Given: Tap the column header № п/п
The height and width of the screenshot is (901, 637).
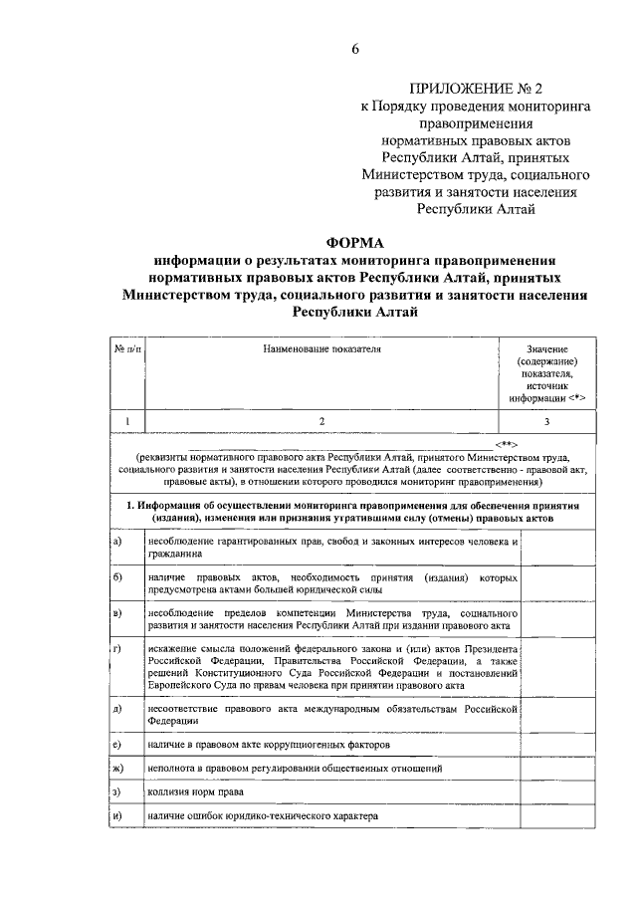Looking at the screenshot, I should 127,349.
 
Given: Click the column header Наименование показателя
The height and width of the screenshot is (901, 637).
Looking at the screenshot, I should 321,349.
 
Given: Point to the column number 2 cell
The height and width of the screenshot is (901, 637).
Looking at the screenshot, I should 321,421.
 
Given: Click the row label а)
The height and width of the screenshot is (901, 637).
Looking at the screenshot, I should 117,541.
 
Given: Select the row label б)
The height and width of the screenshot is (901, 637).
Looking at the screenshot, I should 117,577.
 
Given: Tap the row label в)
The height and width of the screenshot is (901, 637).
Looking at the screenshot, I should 117,613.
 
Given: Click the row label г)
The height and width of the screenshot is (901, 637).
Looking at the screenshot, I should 117,649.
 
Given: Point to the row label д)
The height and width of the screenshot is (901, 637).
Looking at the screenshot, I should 117,708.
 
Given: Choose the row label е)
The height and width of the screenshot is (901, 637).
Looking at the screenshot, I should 117,744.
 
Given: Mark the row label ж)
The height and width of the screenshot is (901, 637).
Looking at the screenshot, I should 117,769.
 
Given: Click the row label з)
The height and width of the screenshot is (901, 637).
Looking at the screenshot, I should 117,793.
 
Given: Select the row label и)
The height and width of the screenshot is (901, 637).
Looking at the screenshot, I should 117,817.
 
